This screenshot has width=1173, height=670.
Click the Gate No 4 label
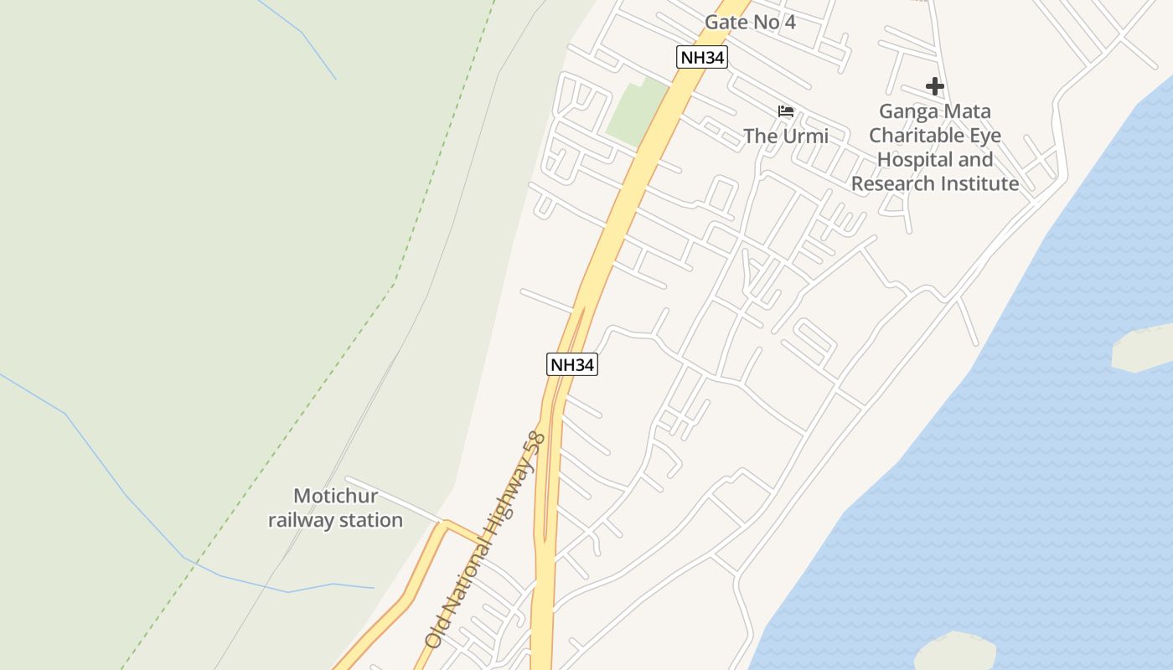(750, 23)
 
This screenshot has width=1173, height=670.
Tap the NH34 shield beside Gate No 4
(701, 57)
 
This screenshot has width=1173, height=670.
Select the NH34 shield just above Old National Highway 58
(572, 364)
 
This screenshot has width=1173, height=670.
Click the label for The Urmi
(786, 136)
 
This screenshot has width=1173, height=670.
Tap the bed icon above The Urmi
(786, 111)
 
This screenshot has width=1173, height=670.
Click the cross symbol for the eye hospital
(934, 86)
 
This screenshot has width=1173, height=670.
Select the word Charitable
(911, 136)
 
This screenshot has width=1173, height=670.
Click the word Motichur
(335, 496)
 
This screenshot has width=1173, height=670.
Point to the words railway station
(335, 520)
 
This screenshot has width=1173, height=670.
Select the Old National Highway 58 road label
(484, 540)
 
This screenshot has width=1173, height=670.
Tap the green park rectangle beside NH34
(637, 111)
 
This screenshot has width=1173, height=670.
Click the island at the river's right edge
(1144, 348)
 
